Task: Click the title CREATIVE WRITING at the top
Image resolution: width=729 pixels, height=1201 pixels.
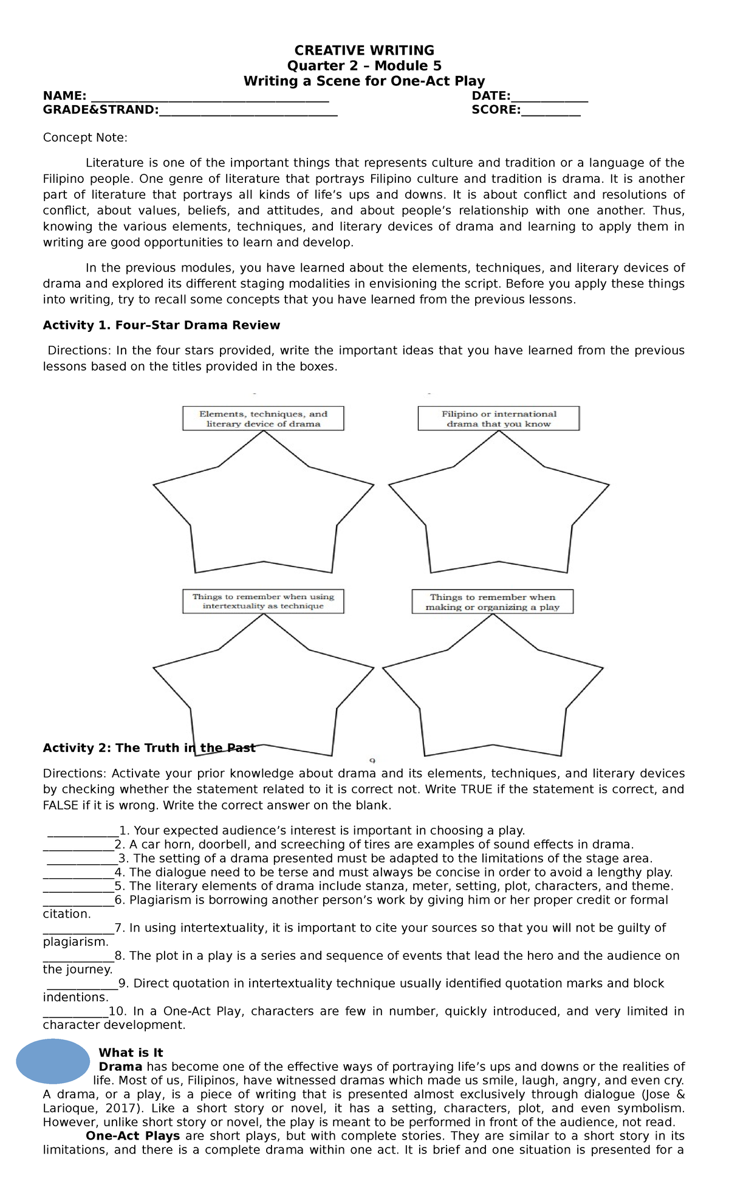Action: pyautogui.click(x=364, y=50)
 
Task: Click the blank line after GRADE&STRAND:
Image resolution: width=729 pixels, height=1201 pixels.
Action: pyautogui.click(x=248, y=111)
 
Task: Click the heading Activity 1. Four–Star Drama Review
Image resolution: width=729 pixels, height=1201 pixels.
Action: pyautogui.click(x=161, y=325)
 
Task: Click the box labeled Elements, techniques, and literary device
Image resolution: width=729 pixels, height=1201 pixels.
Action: pyautogui.click(x=263, y=419)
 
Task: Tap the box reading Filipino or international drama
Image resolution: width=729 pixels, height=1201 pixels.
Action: pyautogui.click(x=498, y=419)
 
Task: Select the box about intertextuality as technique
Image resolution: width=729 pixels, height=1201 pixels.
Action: pyautogui.click(x=263, y=601)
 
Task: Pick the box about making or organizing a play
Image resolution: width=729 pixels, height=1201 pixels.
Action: pyautogui.click(x=492, y=602)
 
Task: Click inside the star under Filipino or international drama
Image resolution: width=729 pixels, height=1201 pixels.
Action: pyautogui.click(x=498, y=511)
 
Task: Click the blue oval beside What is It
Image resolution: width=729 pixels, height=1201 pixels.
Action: pyautogui.click(x=53, y=1061)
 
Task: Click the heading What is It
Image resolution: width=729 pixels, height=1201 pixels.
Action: pyautogui.click(x=131, y=1053)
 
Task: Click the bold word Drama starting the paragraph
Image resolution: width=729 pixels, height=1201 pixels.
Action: pyautogui.click(x=120, y=1067)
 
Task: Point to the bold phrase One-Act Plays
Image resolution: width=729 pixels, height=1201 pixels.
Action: pyautogui.click(x=132, y=1136)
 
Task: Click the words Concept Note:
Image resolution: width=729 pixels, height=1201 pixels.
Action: pyautogui.click(x=85, y=137)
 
